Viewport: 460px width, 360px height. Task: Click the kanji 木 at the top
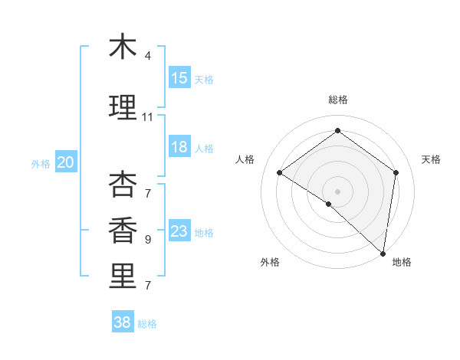click(x=123, y=47)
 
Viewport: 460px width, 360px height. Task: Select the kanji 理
click(x=123, y=108)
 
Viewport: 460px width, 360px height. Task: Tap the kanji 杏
click(x=123, y=185)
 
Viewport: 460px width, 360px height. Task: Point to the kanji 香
click(x=123, y=231)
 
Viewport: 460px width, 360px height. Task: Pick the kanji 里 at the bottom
click(x=123, y=277)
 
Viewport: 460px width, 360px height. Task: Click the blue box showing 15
click(x=179, y=78)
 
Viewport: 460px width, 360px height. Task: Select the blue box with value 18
click(x=179, y=147)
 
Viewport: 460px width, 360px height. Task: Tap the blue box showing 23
click(x=179, y=231)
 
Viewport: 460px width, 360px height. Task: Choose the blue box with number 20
click(x=66, y=162)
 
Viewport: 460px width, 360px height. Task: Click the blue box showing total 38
click(x=123, y=322)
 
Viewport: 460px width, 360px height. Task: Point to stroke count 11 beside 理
click(x=148, y=117)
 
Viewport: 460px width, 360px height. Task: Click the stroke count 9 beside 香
click(x=148, y=240)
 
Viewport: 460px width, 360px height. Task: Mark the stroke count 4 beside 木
click(x=148, y=56)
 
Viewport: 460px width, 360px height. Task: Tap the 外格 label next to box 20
click(x=41, y=163)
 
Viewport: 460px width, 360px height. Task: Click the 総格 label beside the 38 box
click(x=147, y=324)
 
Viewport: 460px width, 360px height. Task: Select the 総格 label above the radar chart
click(x=337, y=100)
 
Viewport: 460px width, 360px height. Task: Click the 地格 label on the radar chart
click(x=402, y=262)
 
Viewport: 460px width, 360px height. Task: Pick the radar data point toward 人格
click(x=280, y=172)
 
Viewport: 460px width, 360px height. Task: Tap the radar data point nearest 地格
click(x=383, y=253)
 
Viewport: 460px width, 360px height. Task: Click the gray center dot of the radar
click(x=337, y=190)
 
